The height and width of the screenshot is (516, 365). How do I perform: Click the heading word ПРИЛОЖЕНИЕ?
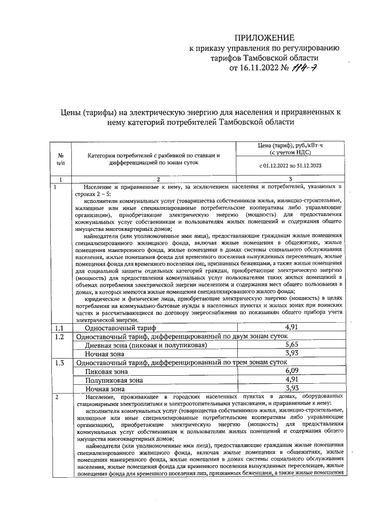265,37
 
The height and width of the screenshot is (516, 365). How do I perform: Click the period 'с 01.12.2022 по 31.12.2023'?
291,166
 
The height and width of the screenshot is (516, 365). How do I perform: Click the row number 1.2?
59,336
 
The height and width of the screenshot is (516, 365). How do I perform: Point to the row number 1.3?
59,362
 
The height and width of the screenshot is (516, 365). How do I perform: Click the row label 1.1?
59,328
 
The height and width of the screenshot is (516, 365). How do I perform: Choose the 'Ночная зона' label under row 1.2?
104,354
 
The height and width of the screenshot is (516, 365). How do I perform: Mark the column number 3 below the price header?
291,180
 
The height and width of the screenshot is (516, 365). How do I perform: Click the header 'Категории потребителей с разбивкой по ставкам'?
153,155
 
